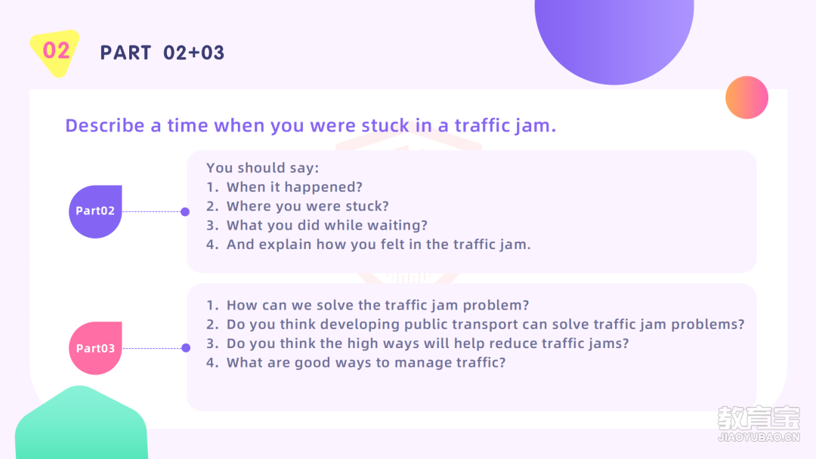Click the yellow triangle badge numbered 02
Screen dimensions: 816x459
click(55, 53)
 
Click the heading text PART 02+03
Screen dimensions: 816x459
click(162, 53)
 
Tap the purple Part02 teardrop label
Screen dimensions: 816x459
click(95, 211)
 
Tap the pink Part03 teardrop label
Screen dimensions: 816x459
click(95, 348)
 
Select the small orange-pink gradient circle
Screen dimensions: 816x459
click(746, 97)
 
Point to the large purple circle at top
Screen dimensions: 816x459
click(614, 36)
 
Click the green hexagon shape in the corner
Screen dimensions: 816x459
click(81, 424)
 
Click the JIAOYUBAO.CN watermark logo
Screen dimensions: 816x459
click(759, 424)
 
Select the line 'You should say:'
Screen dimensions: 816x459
click(262, 168)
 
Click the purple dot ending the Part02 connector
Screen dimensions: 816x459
click(185, 211)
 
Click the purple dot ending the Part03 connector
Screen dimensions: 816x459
click(186, 348)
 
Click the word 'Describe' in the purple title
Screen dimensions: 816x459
click(104, 125)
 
